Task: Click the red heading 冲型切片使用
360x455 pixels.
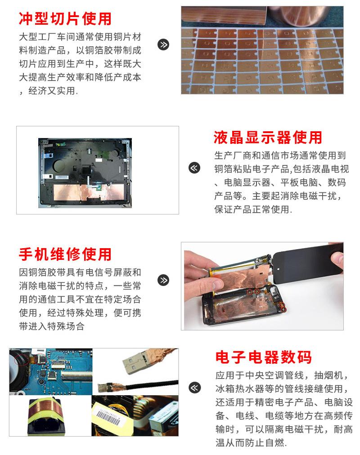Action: [65, 19]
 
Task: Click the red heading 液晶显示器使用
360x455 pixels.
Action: [268, 137]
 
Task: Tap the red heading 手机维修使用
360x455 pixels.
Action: [65, 254]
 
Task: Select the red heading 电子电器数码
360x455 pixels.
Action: [263, 357]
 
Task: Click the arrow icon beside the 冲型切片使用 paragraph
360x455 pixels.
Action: [163, 45]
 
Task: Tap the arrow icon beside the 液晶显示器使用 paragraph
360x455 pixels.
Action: [194, 168]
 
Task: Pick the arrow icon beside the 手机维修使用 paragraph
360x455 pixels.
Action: [163, 280]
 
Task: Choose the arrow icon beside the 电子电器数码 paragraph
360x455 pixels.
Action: [194, 388]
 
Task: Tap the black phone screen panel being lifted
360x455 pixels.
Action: [307, 263]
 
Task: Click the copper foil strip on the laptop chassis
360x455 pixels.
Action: [88, 192]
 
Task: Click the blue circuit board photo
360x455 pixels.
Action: [51, 371]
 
